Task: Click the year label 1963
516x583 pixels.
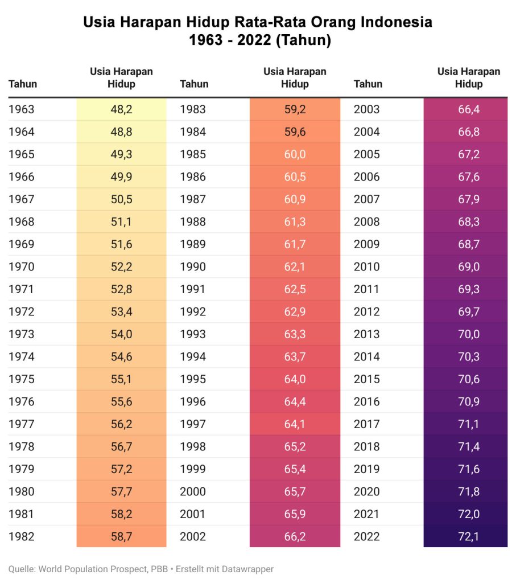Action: (x=21, y=109)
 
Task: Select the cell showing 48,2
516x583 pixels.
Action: (x=121, y=109)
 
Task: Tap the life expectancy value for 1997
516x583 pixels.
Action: (x=295, y=424)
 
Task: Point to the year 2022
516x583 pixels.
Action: (x=367, y=536)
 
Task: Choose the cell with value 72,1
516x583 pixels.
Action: (x=469, y=536)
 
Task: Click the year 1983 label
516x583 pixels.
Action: (x=193, y=109)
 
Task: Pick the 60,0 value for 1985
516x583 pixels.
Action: (x=295, y=154)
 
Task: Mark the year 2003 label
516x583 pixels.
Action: (x=367, y=109)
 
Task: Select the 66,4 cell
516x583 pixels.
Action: (x=469, y=109)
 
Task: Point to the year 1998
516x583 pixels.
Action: (x=193, y=446)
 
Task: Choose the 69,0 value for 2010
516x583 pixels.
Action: (x=469, y=266)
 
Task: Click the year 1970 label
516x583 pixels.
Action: (x=21, y=266)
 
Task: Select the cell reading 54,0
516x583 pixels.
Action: (x=121, y=334)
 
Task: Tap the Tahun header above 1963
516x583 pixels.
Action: (x=23, y=84)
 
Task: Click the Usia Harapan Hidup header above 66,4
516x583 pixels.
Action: (x=469, y=77)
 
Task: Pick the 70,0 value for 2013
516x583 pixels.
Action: (x=469, y=334)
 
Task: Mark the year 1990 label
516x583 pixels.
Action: (x=193, y=266)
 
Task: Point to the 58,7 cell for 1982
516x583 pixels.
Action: (x=121, y=536)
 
